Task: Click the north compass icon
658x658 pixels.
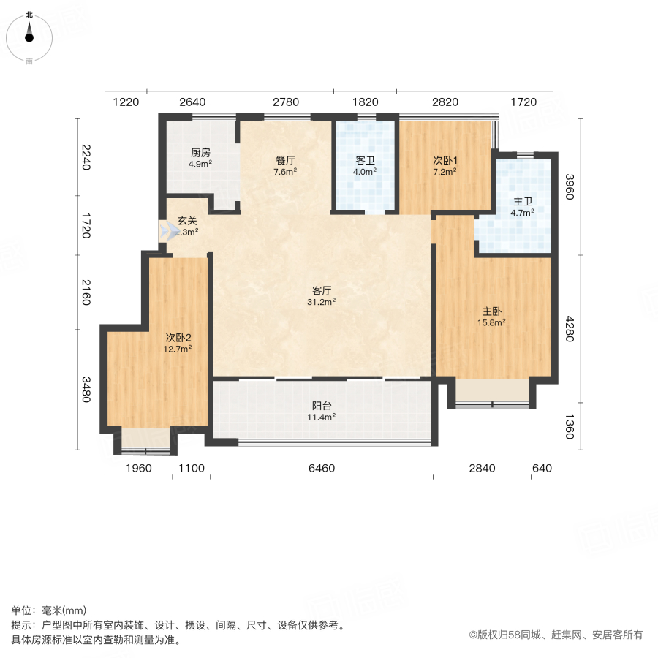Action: (x=29, y=34)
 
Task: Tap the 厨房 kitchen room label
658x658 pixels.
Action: (x=200, y=153)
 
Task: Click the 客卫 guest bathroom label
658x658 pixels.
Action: (x=366, y=160)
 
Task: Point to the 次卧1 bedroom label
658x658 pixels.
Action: (x=445, y=160)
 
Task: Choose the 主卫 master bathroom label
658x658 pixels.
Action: (x=522, y=200)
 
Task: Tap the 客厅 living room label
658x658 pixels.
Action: (x=322, y=290)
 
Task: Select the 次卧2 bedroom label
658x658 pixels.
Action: (x=178, y=337)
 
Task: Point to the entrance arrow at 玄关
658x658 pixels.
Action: (x=170, y=232)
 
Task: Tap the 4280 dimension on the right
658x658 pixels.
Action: (x=570, y=329)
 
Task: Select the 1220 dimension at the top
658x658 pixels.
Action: (x=126, y=102)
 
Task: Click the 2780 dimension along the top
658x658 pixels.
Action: (x=285, y=102)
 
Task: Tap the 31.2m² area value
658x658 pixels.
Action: (x=322, y=301)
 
